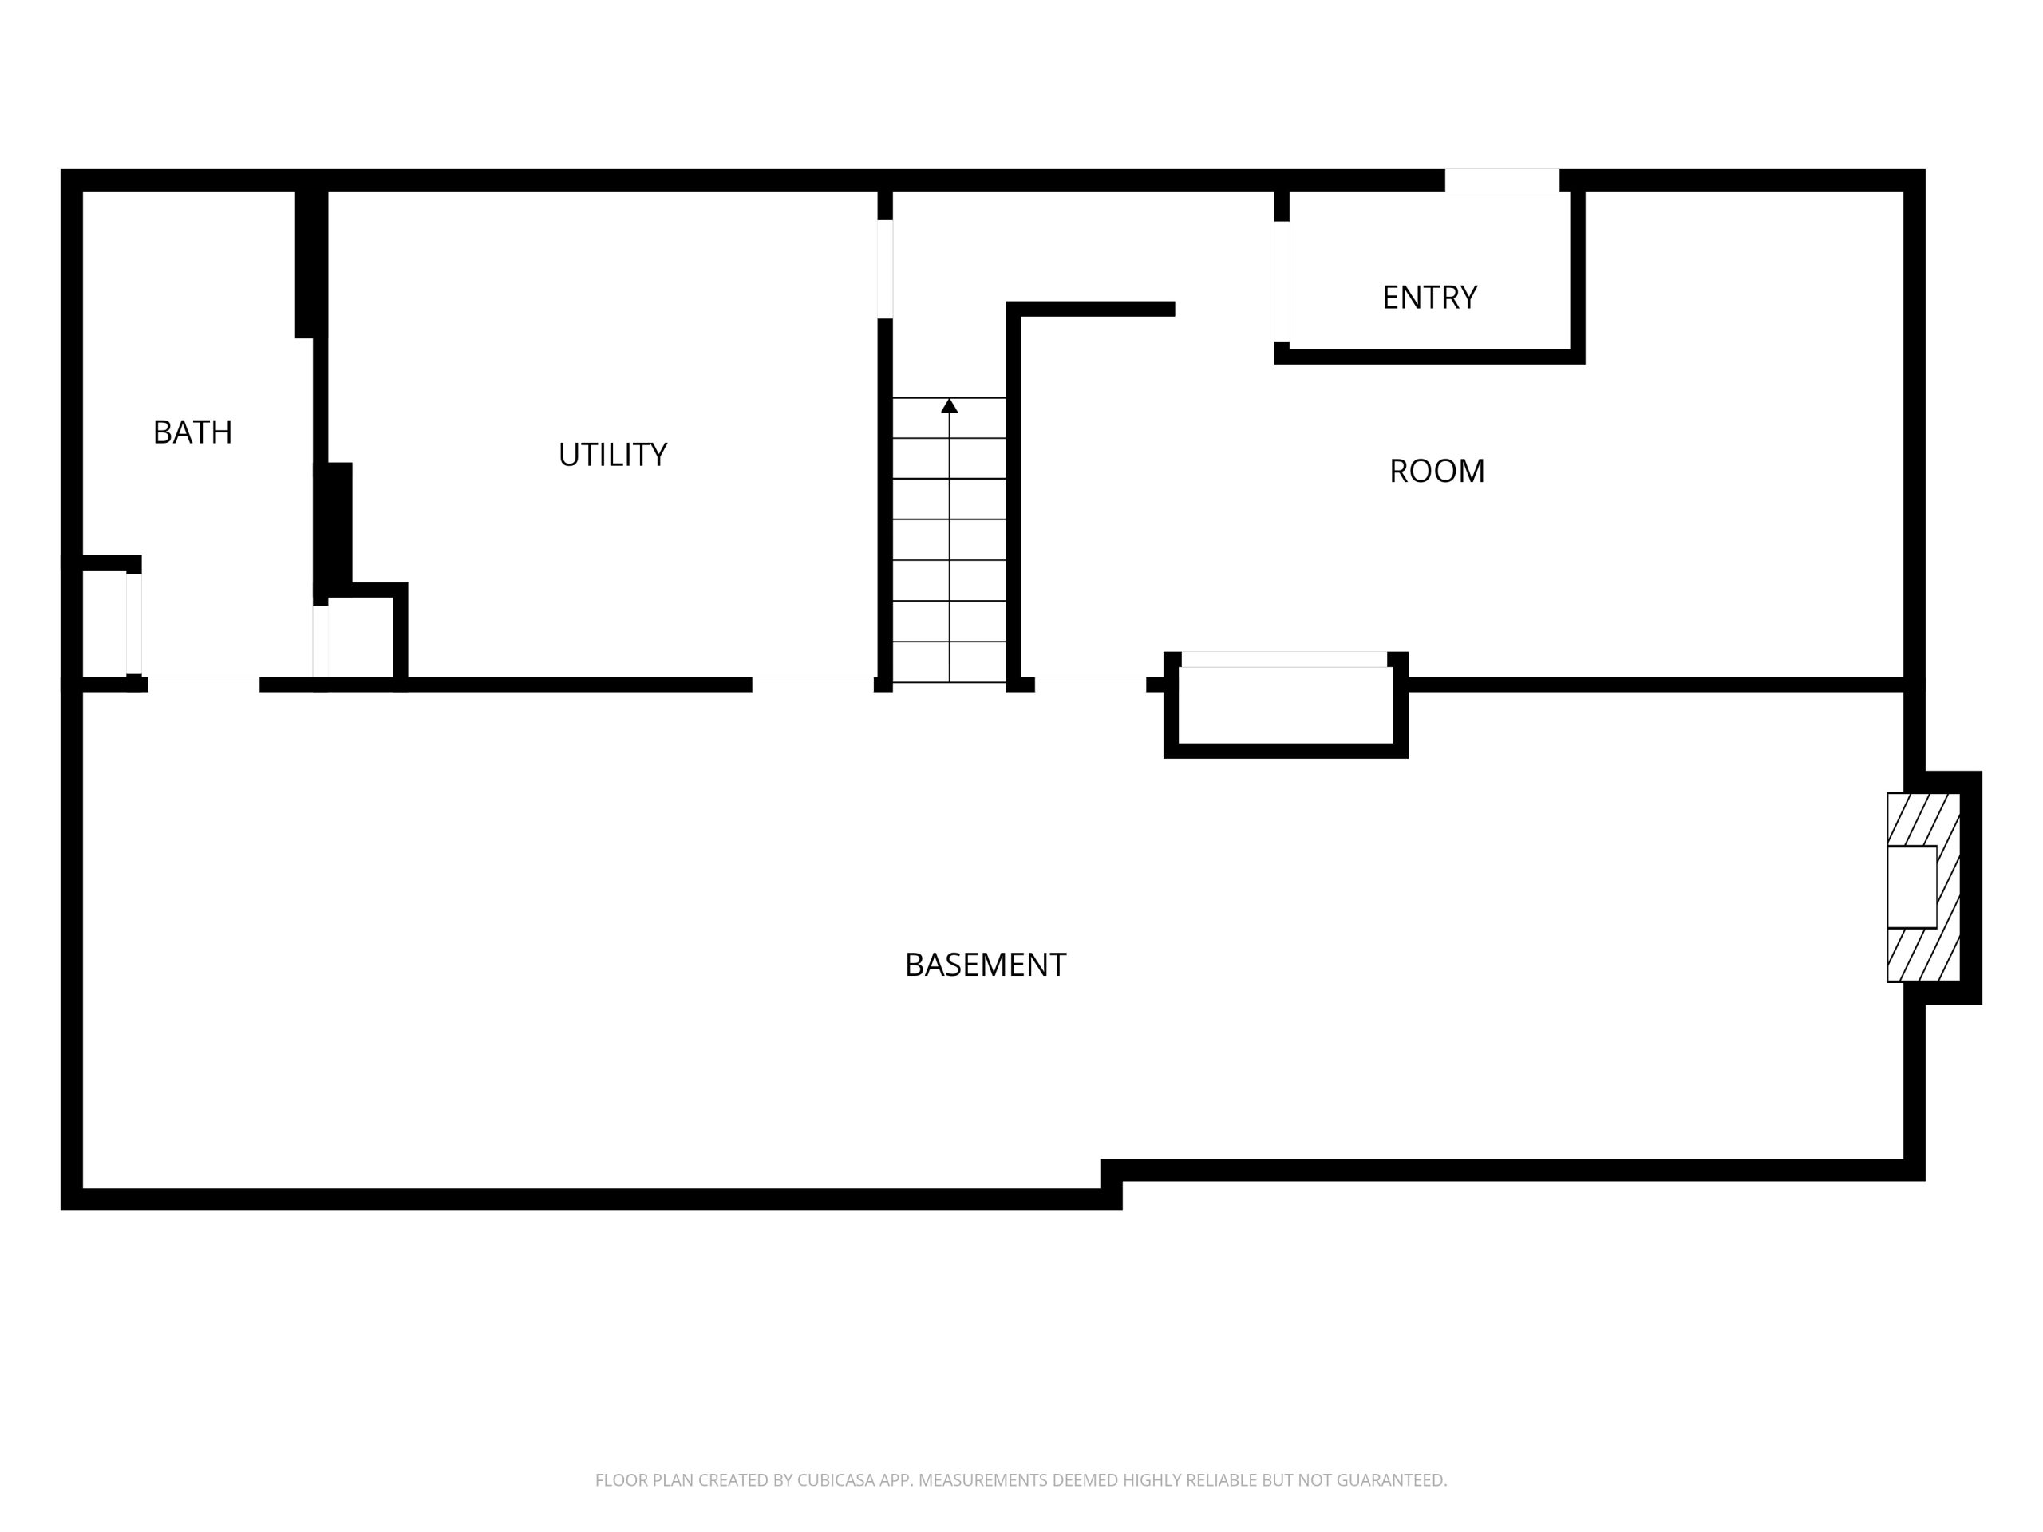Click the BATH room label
(192, 432)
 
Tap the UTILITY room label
(612, 454)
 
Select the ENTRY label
(1430, 298)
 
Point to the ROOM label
(1437, 471)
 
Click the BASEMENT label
(986, 965)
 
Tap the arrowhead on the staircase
(950, 405)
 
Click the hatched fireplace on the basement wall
(1924, 886)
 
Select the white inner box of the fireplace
(1912, 886)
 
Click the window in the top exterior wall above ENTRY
(1502, 180)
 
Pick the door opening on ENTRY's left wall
(1282, 282)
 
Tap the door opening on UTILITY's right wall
(885, 269)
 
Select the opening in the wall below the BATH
(204, 685)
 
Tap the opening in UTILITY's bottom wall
(812, 685)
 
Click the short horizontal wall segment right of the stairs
(1091, 309)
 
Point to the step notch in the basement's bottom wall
(1111, 1184)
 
